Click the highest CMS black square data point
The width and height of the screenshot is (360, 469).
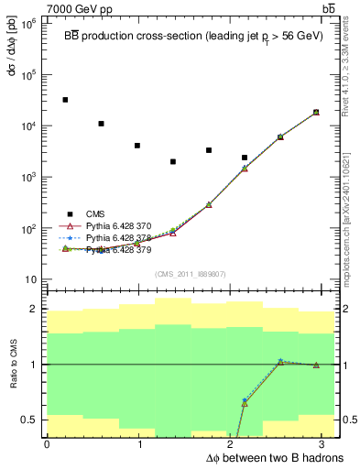[65, 100]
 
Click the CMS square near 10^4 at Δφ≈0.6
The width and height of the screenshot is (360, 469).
[101, 124]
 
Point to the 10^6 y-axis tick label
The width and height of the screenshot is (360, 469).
[29, 24]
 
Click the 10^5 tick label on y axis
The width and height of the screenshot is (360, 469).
[29, 75]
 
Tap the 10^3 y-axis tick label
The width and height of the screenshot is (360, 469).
[29, 177]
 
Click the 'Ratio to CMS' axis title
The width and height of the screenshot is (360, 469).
[12, 364]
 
